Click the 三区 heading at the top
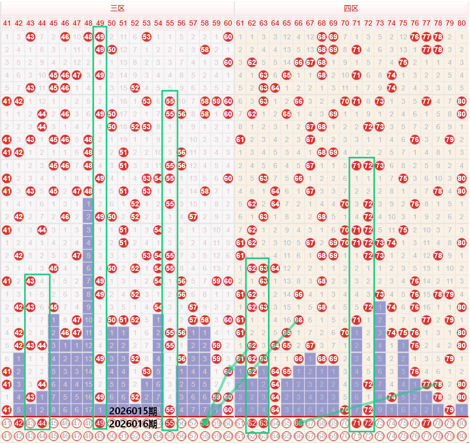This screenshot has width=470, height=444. [118, 8]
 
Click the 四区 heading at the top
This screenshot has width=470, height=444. [351, 8]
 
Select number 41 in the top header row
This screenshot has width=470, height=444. [7, 23]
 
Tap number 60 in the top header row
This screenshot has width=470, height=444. [228, 23]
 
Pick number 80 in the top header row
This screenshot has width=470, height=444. [461, 23]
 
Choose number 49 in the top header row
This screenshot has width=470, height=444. [100, 23]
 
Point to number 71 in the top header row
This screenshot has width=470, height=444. [356, 23]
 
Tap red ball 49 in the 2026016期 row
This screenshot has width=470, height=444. [100, 423]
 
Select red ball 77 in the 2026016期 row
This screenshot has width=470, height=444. [427, 423]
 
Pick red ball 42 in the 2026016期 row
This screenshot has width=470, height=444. [18, 423]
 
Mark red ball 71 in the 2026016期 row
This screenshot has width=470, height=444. [356, 423]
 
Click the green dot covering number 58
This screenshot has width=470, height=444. [205, 423]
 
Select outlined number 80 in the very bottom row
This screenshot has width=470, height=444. [461, 436]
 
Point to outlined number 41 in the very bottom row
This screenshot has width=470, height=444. [7, 436]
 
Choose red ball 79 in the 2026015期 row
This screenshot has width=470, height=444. [450, 410]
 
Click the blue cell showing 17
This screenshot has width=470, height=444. [88, 410]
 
